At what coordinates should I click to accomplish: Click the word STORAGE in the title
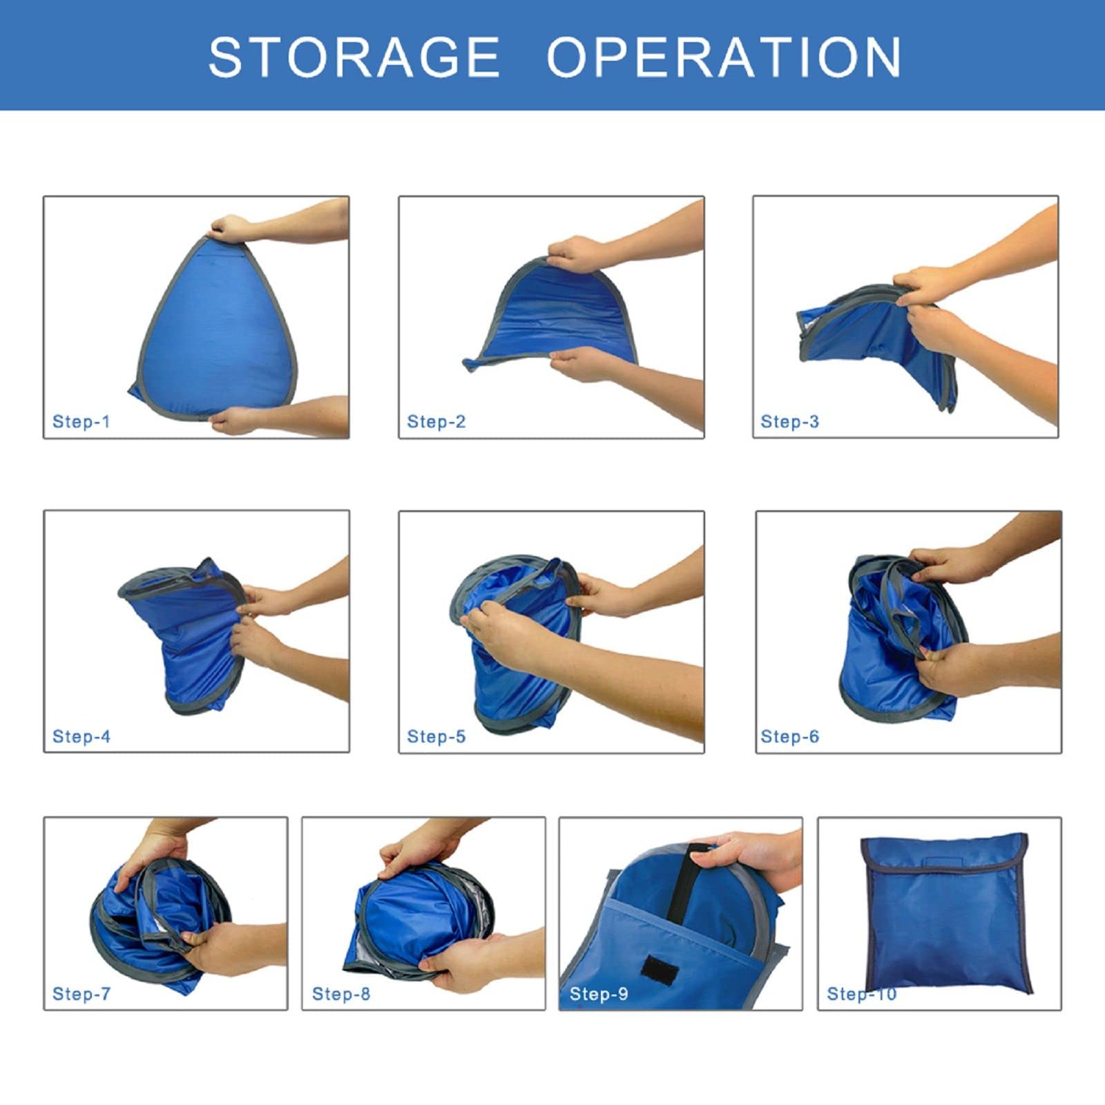[354, 57]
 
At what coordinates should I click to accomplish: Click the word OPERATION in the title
[724, 57]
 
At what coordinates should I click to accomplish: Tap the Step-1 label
[81, 421]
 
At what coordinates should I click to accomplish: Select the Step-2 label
[436, 421]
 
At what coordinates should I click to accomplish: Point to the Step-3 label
[789, 421]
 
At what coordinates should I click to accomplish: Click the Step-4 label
[81, 736]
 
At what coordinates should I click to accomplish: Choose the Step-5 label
[436, 736]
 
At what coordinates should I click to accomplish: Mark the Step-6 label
[789, 736]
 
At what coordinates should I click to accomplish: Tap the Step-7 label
[81, 994]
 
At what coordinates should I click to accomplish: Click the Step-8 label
[341, 994]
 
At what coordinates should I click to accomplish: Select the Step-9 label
[599, 994]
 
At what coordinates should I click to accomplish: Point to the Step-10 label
[861, 994]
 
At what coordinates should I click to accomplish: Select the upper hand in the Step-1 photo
[231, 227]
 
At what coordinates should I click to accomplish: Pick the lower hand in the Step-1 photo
[236, 419]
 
